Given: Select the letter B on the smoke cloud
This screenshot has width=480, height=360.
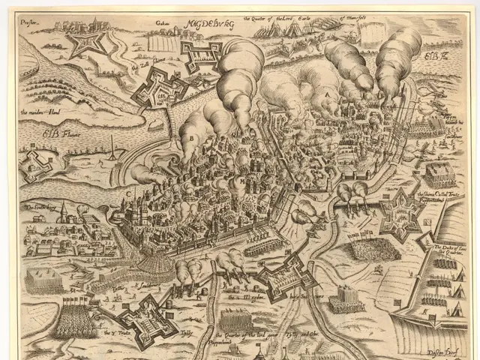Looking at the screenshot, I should pos(192,137).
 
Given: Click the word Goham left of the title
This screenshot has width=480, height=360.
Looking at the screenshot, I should pos(161,23).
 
